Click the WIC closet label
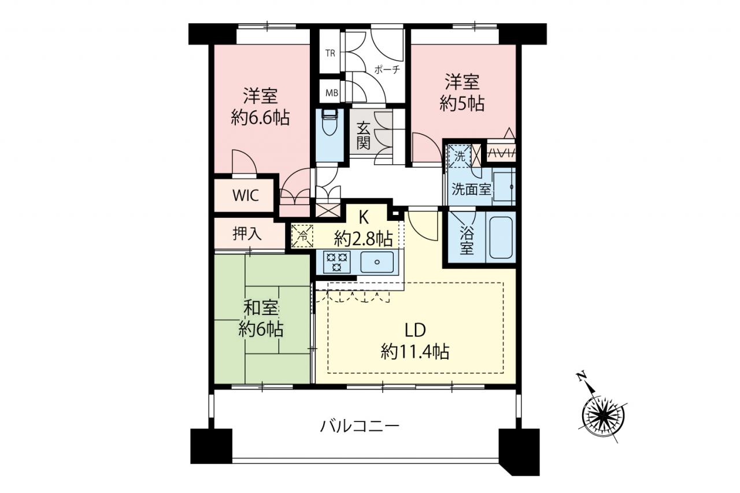pyautogui.click(x=245, y=195)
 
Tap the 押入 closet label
pyautogui.click(x=247, y=234)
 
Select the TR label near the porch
pyautogui.click(x=330, y=53)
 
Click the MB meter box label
pyautogui.click(x=332, y=93)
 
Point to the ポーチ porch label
pyautogui.click(x=387, y=70)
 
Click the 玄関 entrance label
pyautogui.click(x=363, y=136)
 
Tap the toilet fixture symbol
pyautogui.click(x=329, y=123)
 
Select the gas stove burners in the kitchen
pyautogui.click(x=337, y=262)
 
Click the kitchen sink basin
pyautogui.click(x=377, y=262)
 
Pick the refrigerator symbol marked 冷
pyautogui.click(x=302, y=236)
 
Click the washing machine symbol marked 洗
pyautogui.click(x=460, y=156)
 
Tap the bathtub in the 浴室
pyautogui.click(x=501, y=238)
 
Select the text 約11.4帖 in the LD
pyautogui.click(x=415, y=351)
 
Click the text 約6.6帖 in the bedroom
pyautogui.click(x=260, y=117)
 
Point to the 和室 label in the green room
pyautogui.click(x=261, y=309)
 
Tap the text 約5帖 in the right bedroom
pyautogui.click(x=462, y=103)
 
